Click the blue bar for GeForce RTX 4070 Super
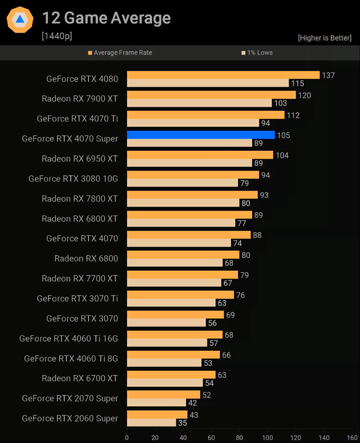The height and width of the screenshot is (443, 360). point(201,135)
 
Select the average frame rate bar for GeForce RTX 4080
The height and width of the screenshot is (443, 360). point(223,75)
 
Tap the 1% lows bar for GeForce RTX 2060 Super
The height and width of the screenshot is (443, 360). point(152,422)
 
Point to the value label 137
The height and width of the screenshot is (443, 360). point(328,75)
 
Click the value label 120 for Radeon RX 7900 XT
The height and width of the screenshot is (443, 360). point(304,95)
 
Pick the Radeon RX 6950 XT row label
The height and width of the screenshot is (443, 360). point(80,159)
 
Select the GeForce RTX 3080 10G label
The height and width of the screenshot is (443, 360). point(73,178)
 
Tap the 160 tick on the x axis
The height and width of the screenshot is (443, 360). point(352,437)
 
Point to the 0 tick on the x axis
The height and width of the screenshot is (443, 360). point(127,437)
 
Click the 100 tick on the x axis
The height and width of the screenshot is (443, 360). point(268,437)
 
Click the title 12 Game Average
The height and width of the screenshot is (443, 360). point(106,19)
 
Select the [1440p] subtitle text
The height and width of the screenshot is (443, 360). point(57,36)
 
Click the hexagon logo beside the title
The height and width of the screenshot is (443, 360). point(20,20)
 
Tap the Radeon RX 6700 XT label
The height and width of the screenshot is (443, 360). point(80,378)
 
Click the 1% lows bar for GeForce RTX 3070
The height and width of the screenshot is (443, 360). point(166,323)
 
